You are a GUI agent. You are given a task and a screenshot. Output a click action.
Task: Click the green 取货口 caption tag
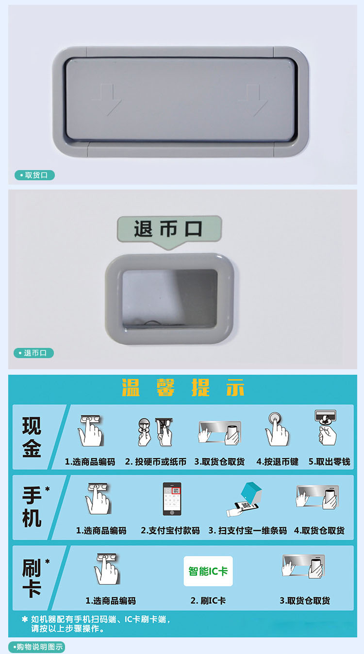click(x=35, y=175)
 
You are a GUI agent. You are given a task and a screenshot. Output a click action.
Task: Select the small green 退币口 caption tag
click(x=33, y=353)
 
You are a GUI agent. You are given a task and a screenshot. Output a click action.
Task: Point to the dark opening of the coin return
click(x=170, y=299)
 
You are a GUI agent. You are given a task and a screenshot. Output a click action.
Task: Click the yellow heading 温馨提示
click(x=183, y=388)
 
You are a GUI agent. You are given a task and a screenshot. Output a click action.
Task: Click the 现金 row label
click(x=32, y=437)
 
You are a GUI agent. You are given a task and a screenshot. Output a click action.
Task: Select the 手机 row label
click(x=32, y=507)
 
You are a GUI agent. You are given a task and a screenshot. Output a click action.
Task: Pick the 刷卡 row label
click(x=32, y=578)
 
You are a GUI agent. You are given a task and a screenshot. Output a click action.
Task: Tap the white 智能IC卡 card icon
click(x=208, y=571)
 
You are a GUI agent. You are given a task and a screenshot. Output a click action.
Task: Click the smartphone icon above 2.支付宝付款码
click(x=172, y=499)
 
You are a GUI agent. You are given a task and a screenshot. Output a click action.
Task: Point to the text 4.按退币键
click(x=278, y=462)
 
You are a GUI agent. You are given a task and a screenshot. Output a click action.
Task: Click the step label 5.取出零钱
click(x=329, y=462)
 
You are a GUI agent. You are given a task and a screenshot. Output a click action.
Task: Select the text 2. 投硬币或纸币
click(x=156, y=462)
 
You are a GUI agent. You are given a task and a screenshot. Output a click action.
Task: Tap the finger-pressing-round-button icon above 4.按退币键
click(x=277, y=429)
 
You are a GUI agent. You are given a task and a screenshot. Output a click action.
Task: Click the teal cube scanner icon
click(x=251, y=492)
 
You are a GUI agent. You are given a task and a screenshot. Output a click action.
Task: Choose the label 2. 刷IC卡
click(x=208, y=601)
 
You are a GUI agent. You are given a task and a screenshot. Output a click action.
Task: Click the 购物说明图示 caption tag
click(x=36, y=647)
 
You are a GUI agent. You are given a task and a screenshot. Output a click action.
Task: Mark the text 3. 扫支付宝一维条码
click(x=248, y=531)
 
